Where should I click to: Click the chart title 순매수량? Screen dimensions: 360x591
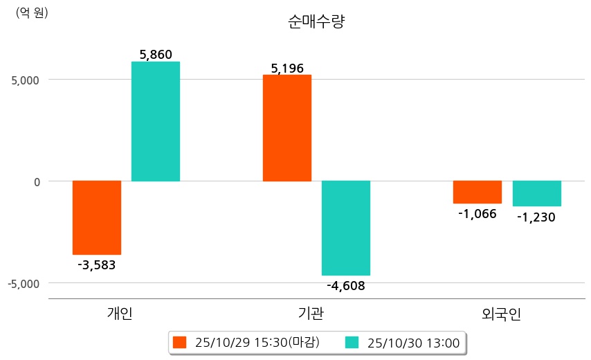point(316,21)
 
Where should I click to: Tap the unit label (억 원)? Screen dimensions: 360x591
point(32,12)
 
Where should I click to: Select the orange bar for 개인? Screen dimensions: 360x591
point(97,217)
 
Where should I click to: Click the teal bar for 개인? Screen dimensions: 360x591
point(155,121)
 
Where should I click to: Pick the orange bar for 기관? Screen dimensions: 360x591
point(287,128)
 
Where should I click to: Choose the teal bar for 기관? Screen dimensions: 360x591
point(346,228)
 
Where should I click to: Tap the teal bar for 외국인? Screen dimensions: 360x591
point(536,193)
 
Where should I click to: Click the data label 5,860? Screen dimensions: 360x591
point(156,54)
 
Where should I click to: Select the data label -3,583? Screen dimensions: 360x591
point(97,265)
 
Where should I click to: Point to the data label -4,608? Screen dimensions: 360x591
point(346,285)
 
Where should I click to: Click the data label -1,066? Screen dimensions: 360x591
point(478,213)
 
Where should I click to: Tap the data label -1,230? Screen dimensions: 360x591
point(536,217)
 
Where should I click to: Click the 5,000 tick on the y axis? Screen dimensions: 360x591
point(25,80)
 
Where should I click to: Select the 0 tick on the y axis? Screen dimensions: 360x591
point(38,181)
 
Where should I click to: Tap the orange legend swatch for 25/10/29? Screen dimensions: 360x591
point(180,342)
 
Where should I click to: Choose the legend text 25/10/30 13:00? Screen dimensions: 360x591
point(414,342)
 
